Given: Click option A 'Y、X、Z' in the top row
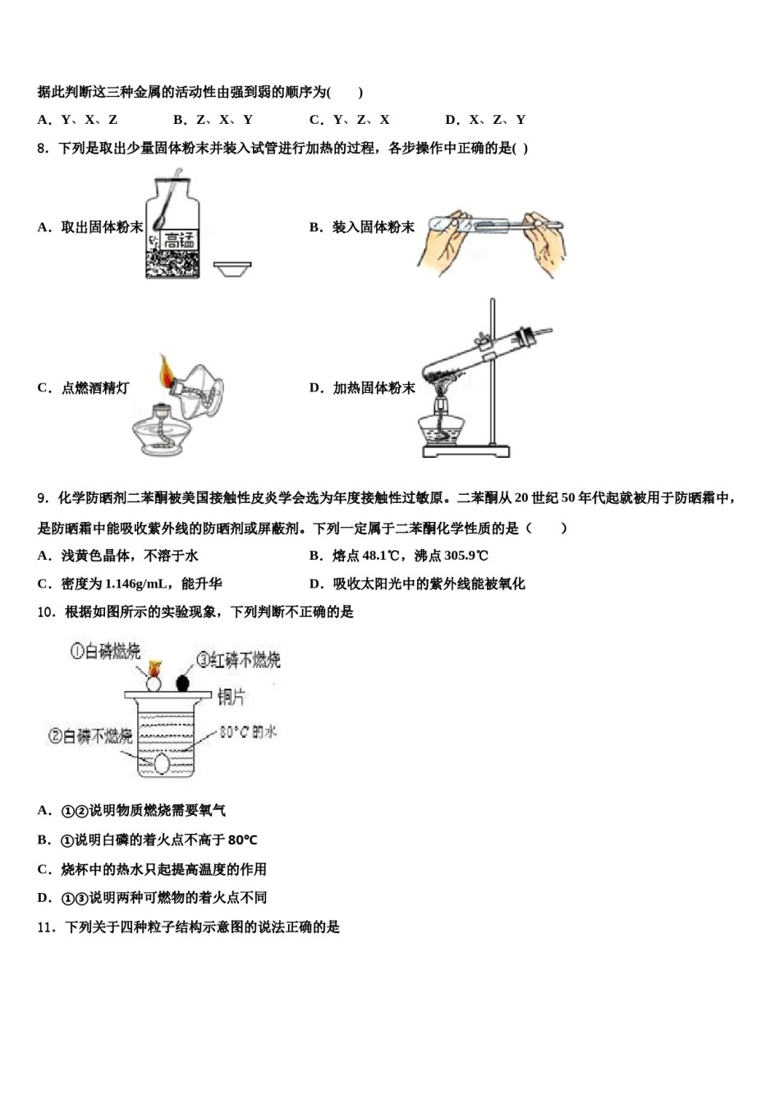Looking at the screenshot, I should tap(78, 120).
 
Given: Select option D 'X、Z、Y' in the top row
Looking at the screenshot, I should tap(485, 120).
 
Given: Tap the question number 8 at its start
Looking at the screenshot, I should tap(43, 149).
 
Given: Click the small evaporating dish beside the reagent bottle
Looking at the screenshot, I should tap(232, 268).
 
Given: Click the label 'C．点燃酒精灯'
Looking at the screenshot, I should tap(83, 388).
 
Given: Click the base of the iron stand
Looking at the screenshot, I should tap(466, 450).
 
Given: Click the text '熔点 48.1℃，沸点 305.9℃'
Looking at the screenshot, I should tap(399, 556).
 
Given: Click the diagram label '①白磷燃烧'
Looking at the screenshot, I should tap(105, 652).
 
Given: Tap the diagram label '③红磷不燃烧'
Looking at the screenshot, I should tap(238, 659).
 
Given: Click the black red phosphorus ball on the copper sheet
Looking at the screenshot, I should tap(182, 682).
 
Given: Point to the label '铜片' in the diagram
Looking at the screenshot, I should tap(231, 697).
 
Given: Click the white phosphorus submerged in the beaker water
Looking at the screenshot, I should tap(163, 763).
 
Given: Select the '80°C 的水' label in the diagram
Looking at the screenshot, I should tap(247, 731).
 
